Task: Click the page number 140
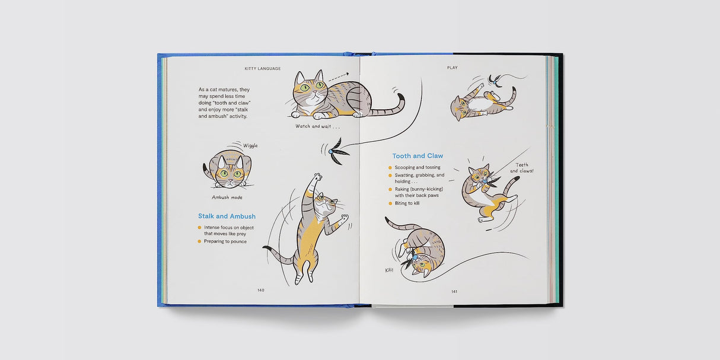[x=261, y=290]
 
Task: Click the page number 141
[x=454, y=291]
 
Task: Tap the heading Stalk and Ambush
[x=227, y=216]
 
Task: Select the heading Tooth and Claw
[x=418, y=156]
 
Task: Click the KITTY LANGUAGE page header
[x=263, y=68]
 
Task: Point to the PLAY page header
[x=453, y=68]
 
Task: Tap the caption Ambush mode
[x=227, y=197]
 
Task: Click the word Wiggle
[x=250, y=145]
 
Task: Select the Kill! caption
[x=390, y=270]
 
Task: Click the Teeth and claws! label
[x=522, y=168]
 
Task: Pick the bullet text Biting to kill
[x=407, y=203]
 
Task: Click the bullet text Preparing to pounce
[x=225, y=241]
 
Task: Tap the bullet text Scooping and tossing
[x=418, y=167]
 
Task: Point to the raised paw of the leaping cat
[x=318, y=176]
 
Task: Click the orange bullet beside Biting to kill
[x=390, y=203]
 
